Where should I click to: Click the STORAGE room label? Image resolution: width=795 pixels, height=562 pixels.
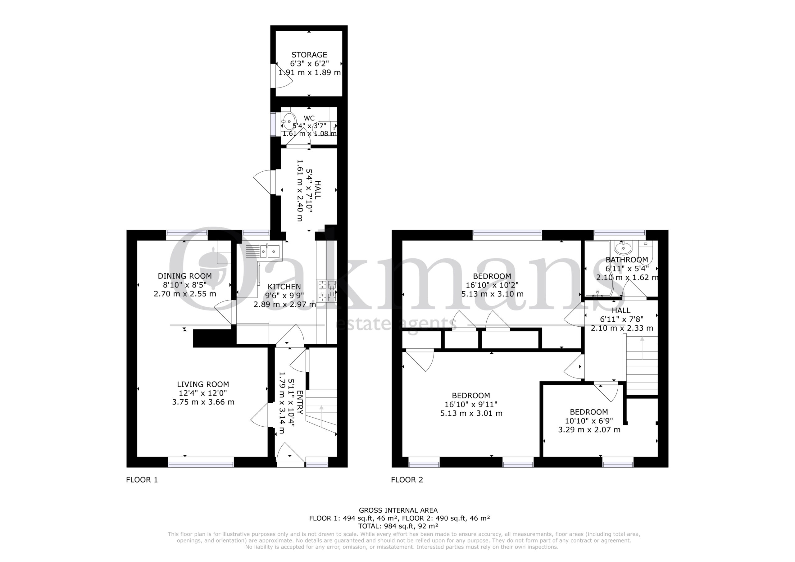click(309, 55)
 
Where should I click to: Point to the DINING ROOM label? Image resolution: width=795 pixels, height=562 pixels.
click(185, 276)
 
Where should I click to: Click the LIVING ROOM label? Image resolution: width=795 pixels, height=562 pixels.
click(203, 384)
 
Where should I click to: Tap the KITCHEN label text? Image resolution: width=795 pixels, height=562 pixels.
click(284, 287)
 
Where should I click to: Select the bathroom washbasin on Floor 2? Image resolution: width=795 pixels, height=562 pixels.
click(624, 247)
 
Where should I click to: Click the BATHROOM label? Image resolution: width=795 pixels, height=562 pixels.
click(627, 260)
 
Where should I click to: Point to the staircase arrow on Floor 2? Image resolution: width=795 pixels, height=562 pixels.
click(642, 348)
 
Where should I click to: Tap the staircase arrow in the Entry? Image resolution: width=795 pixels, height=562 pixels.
click(322, 416)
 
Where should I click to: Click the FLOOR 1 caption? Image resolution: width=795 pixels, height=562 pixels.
click(142, 480)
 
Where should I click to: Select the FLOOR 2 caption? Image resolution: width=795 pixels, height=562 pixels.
click(407, 480)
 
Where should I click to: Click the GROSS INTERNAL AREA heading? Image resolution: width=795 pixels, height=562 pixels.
click(398, 510)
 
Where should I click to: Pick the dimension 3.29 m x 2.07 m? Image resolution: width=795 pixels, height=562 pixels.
click(589, 430)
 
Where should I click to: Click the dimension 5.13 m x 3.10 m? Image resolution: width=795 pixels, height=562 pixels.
click(493, 294)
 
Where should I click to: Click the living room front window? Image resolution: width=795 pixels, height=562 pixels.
click(201, 462)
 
